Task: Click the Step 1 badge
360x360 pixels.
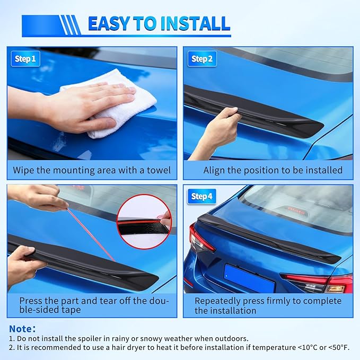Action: pyautogui.click(x=25, y=59)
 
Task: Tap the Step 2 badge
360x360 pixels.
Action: pyautogui.click(x=201, y=59)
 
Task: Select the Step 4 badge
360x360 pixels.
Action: pyautogui.click(x=201, y=197)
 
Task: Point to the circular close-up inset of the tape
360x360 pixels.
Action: pyautogui.click(x=144, y=215)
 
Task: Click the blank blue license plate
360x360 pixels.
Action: pyautogui.click(x=249, y=278)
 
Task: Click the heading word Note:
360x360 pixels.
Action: pyautogui.click(x=23, y=329)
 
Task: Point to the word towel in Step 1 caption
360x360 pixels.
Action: pyautogui.click(x=157, y=170)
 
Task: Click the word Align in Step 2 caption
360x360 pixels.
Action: pyautogui.click(x=215, y=170)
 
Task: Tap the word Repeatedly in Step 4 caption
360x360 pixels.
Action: pyautogui.click(x=218, y=301)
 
